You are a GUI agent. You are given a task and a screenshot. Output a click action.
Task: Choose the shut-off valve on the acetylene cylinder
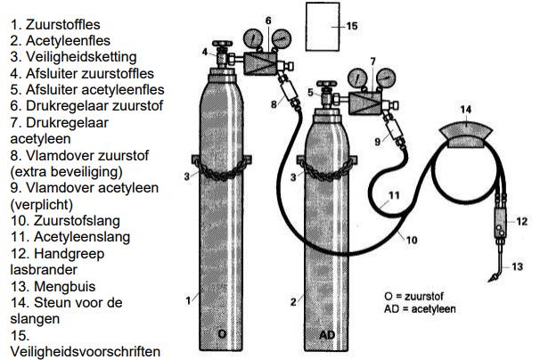pyautogui.click(x=325, y=91)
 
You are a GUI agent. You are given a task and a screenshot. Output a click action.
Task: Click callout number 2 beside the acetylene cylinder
pyautogui.click(x=292, y=300)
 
